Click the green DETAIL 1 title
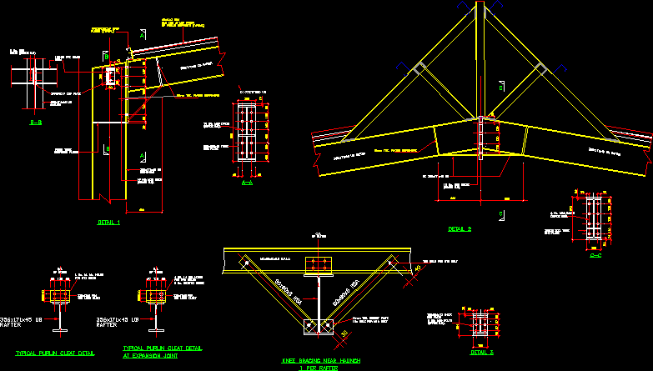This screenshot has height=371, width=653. pos(108,223)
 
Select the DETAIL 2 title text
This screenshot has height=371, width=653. pos(460,228)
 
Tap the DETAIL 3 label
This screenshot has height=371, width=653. pos(481,352)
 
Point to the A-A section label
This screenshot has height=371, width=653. pos(246,181)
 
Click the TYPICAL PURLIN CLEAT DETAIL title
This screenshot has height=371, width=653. pos(57,353)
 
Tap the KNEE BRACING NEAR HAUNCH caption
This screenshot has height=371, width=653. pos(321,360)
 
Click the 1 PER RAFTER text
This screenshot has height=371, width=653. pos(321,368)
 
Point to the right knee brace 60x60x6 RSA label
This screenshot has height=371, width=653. pos(349,293)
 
